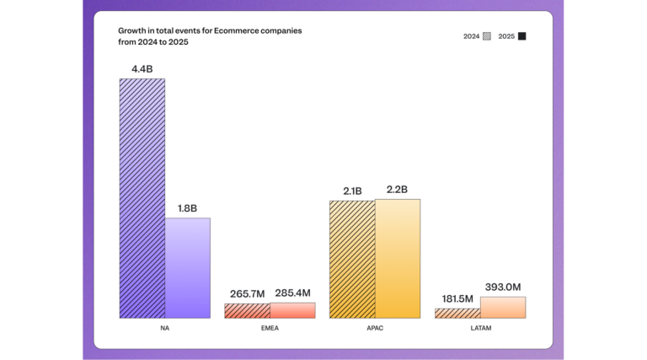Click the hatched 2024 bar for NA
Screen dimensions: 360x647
[x=142, y=198]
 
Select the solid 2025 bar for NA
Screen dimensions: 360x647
[x=187, y=267]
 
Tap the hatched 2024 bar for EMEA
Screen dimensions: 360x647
[x=247, y=310]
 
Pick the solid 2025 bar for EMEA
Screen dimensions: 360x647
[x=292, y=309]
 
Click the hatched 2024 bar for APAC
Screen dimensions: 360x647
[x=351, y=259]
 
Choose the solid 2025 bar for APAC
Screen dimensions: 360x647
[x=397, y=258]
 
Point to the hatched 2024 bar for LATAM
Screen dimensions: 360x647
[x=457, y=313]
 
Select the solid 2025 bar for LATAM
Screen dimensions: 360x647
[x=502, y=307]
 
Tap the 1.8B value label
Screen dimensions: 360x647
[x=187, y=207]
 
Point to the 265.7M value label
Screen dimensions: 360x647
[x=247, y=293]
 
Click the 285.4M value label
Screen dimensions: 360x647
[x=292, y=293]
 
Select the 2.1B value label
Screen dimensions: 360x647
[x=351, y=191]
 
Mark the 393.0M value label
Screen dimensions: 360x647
[x=503, y=287]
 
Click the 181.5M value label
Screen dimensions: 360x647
[x=457, y=298]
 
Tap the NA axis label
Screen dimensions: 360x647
[x=164, y=328]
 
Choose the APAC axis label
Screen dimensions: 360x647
[x=374, y=328]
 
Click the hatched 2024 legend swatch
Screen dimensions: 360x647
[x=487, y=36]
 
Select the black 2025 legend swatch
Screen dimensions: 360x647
[x=522, y=36]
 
